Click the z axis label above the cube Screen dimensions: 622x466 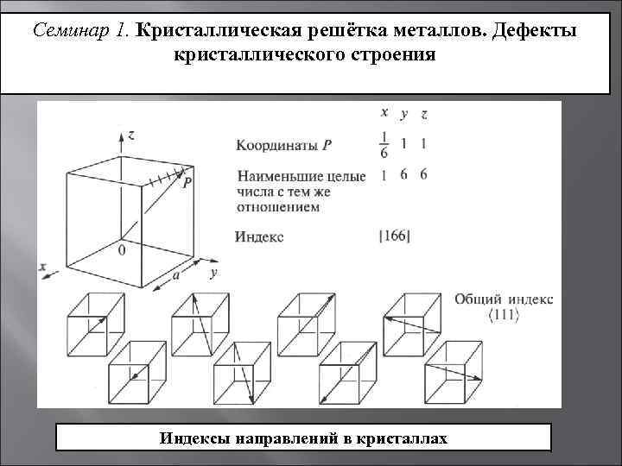129,135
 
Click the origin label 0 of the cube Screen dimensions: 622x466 121,250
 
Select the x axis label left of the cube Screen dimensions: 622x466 42,268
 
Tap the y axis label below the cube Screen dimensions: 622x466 213,273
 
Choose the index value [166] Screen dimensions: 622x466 394,235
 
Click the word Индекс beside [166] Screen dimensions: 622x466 259,235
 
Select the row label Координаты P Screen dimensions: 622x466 277,142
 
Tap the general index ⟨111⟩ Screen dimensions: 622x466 504,315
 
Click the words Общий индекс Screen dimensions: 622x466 504,299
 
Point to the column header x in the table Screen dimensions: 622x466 384,111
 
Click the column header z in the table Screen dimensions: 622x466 423,113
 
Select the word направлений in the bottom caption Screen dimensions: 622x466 283,438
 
